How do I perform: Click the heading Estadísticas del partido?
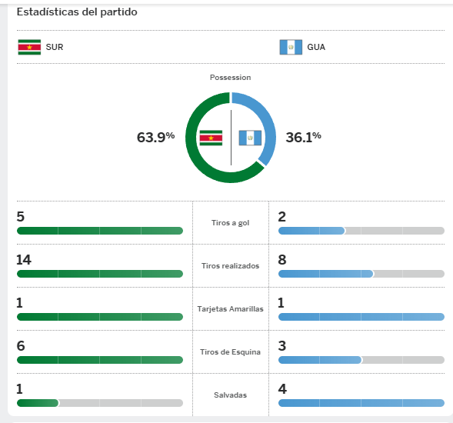click(77, 12)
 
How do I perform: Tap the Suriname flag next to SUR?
click(29, 47)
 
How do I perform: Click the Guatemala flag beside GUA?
click(291, 47)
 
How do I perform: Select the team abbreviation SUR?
click(55, 47)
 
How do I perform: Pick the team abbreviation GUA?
click(316, 47)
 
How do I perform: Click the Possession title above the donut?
click(230, 78)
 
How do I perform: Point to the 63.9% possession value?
click(155, 137)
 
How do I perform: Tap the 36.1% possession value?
click(303, 137)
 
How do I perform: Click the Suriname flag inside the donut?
click(211, 138)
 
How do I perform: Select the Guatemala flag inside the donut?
click(250, 138)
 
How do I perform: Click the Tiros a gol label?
click(230, 223)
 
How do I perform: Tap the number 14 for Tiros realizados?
click(24, 260)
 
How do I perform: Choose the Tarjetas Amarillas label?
click(230, 309)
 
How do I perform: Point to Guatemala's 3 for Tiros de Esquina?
click(282, 346)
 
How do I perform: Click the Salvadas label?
click(230, 395)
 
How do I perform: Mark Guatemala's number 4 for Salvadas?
click(282, 389)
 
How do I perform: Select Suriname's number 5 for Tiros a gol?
click(21, 217)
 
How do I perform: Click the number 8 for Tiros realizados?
click(282, 260)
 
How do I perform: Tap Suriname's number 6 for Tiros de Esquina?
click(21, 346)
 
